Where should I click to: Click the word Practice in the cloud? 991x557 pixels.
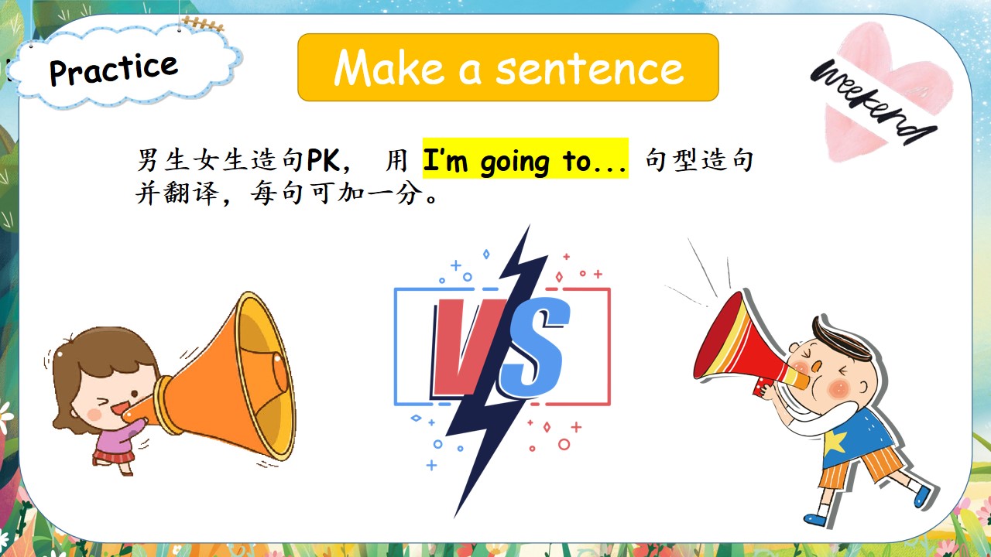pos(113,70)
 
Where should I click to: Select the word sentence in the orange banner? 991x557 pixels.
pos(589,70)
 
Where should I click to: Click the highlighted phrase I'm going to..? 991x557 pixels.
pos(525,161)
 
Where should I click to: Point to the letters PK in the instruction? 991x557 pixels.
pos(324,159)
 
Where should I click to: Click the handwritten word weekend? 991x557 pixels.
pos(873,101)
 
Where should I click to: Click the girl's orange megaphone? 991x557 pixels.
pos(221,380)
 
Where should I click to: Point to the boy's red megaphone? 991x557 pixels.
pos(748,349)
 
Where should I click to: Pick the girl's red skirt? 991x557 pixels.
pos(113,456)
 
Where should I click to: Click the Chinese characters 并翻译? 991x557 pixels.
pos(177,193)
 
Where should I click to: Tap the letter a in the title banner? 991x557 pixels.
pos(469,72)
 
